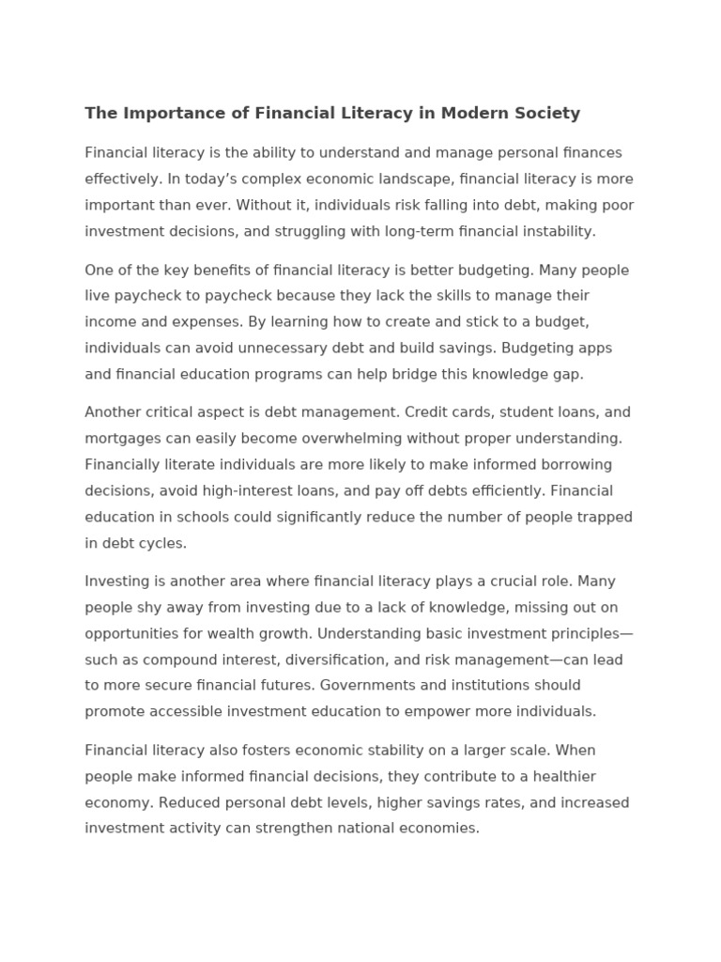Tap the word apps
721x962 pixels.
coord(592,348)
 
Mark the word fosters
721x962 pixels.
coord(287,751)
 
